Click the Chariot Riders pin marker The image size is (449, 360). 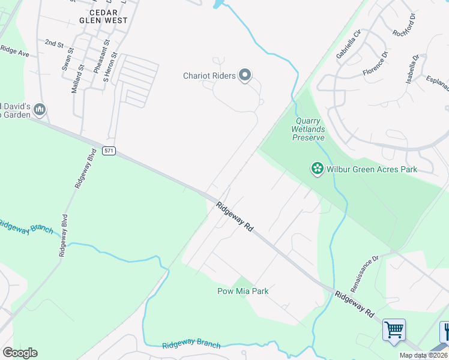point(244,76)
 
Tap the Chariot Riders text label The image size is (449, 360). point(210,76)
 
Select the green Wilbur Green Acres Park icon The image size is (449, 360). point(317,169)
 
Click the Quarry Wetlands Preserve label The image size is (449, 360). point(309,129)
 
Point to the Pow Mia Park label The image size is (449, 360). point(243,292)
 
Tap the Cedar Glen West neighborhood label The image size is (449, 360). point(108,16)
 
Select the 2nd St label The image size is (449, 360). point(54,44)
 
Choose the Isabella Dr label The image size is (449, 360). point(411,70)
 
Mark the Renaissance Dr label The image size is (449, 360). point(365,274)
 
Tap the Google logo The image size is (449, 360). point(20,353)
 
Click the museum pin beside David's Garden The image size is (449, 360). point(40,109)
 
